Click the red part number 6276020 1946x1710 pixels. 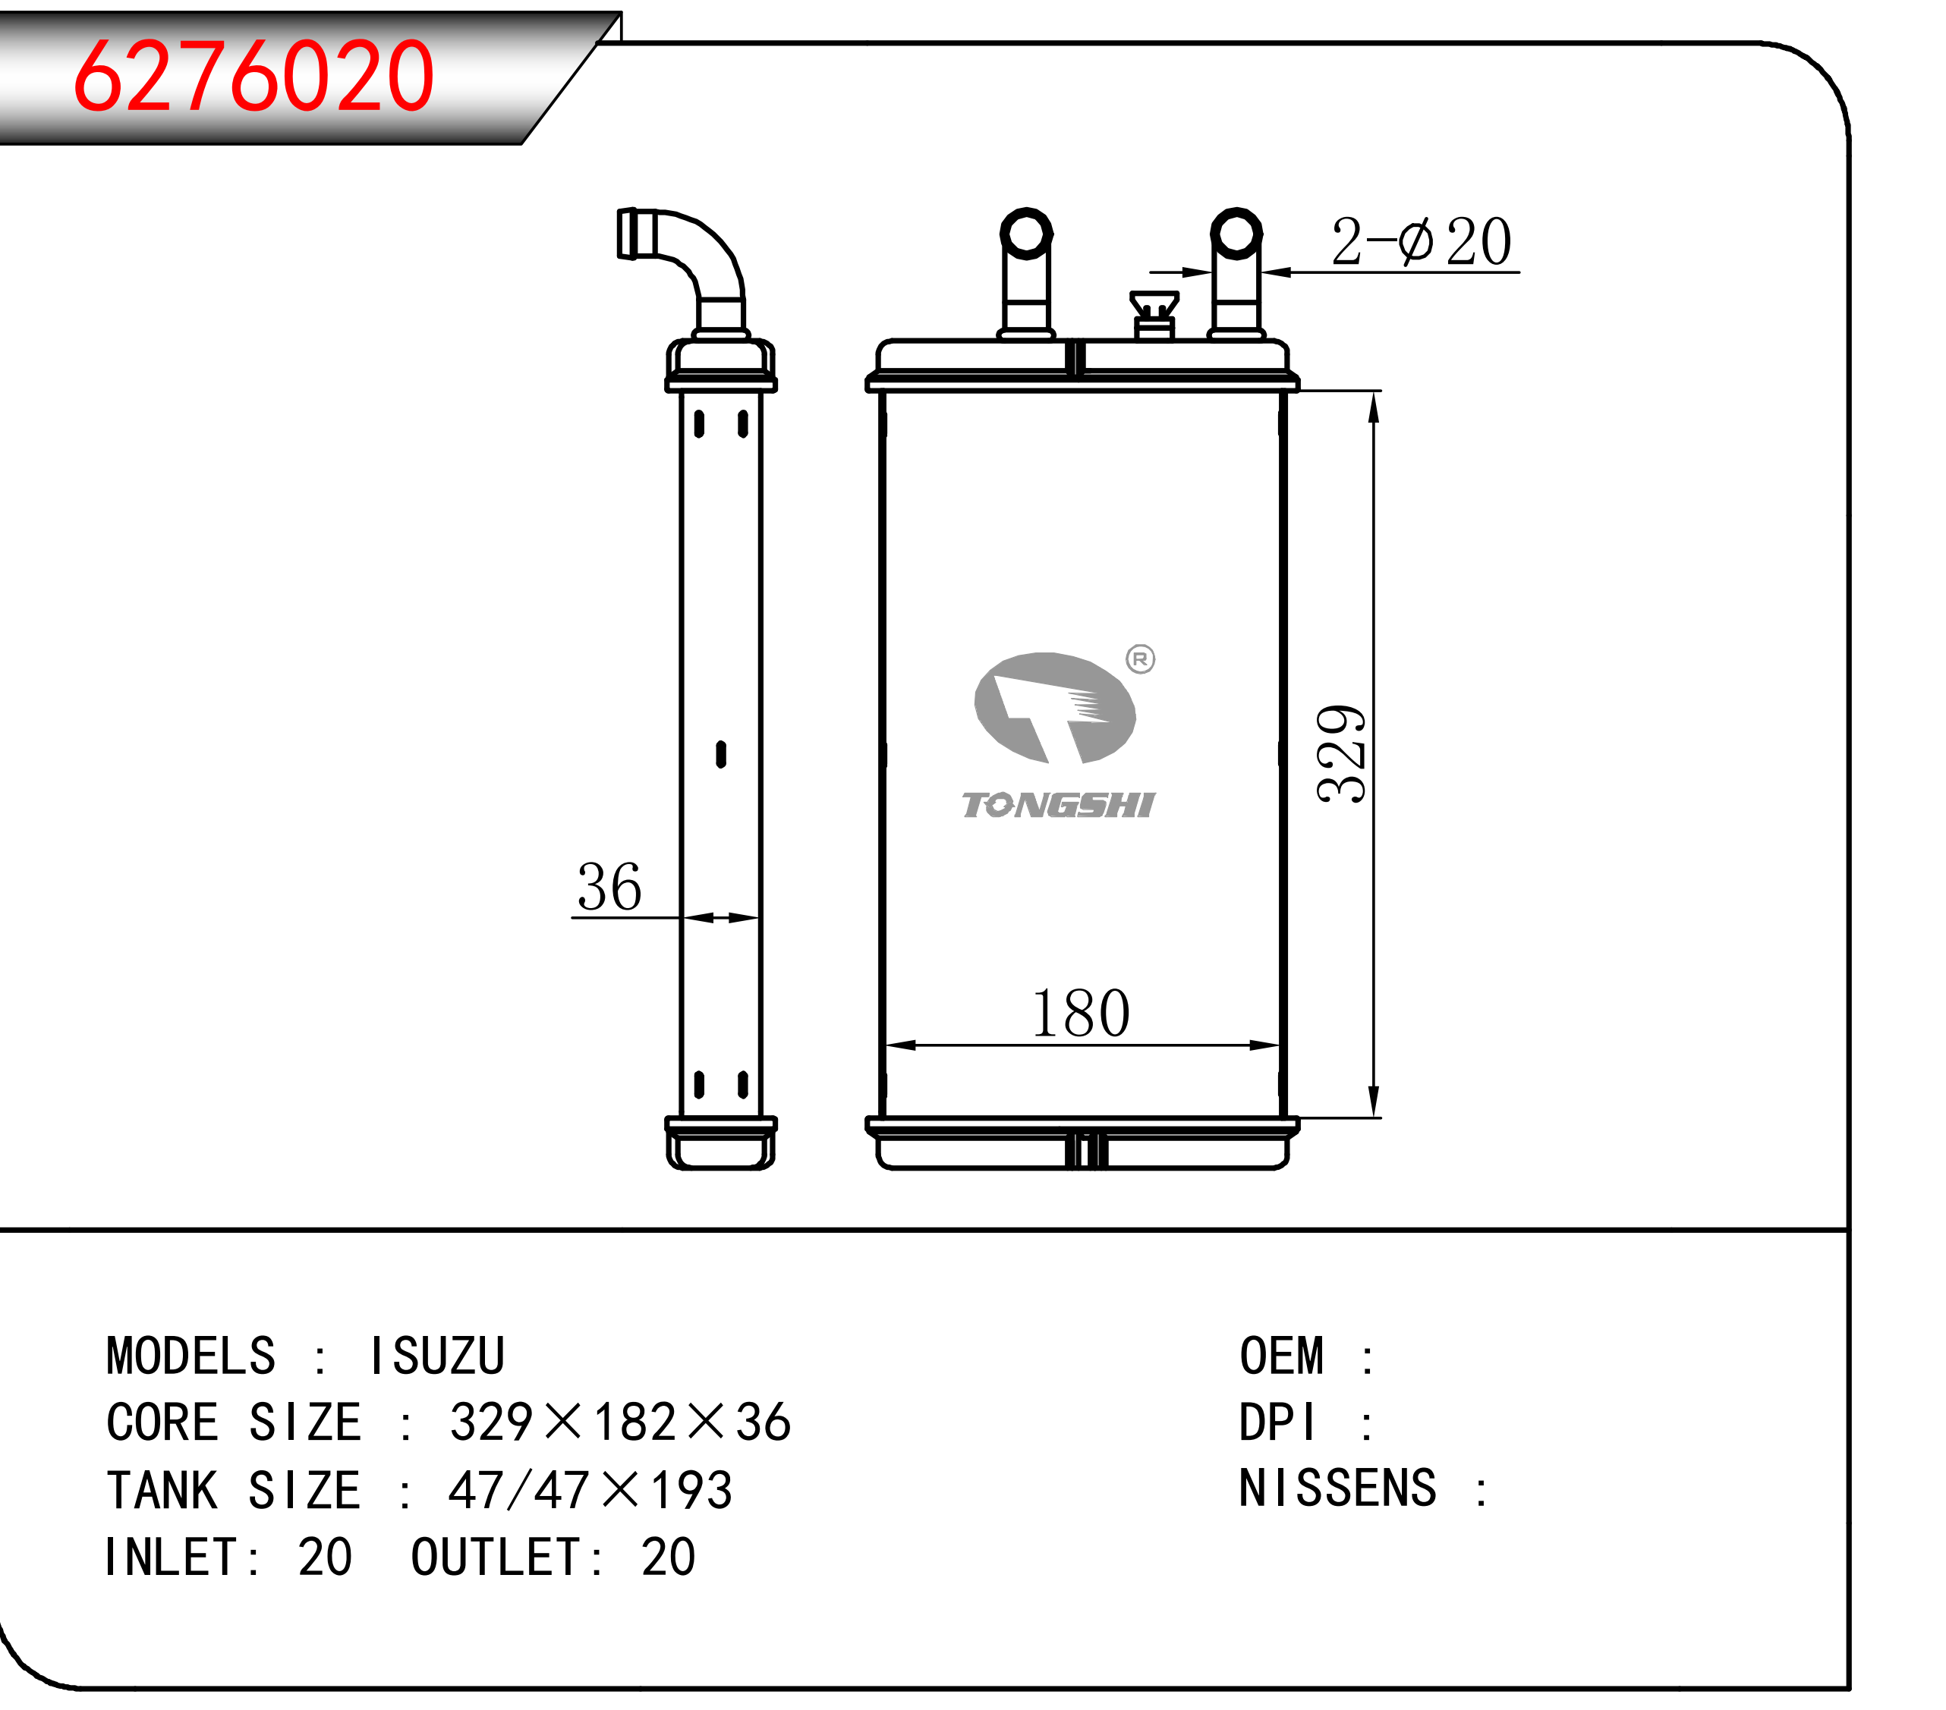pyautogui.click(x=253, y=76)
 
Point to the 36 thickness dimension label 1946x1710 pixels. pyautogui.click(x=609, y=887)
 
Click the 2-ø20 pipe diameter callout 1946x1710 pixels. pyautogui.click(x=1421, y=242)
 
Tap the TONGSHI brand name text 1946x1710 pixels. pyautogui.click(x=1058, y=805)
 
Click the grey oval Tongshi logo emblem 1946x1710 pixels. pyautogui.click(x=1055, y=708)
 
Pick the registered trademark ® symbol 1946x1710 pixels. pyautogui.click(x=1140, y=659)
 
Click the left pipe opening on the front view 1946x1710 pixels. pyautogui.click(x=1026, y=232)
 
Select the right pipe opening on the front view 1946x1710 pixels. pyautogui.click(x=1236, y=232)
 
